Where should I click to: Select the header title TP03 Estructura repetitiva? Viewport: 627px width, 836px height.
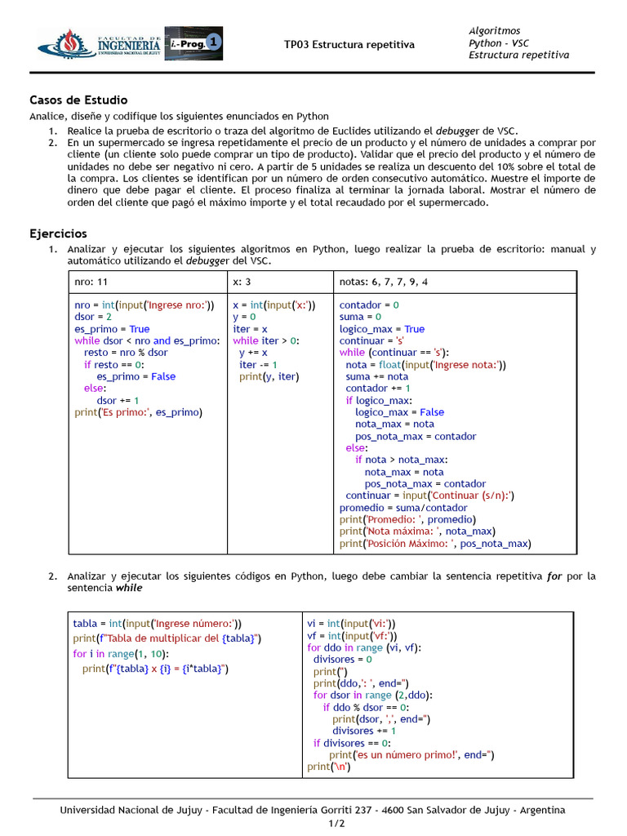[349, 44]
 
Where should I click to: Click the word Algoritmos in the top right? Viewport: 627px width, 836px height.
[494, 30]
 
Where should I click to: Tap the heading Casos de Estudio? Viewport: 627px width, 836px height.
[78, 100]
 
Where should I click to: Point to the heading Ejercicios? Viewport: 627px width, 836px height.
[58, 233]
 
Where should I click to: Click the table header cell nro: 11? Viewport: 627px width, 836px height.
[91, 282]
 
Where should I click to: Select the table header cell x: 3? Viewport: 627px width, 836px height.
[242, 282]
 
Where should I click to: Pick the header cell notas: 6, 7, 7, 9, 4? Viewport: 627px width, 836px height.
[383, 282]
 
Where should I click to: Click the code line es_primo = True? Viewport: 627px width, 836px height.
[112, 329]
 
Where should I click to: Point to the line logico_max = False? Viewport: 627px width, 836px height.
[399, 412]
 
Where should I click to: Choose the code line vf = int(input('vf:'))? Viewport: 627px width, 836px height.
[352, 635]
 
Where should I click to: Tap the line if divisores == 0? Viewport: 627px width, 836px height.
[352, 743]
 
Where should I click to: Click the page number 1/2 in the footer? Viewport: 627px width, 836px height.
[313, 824]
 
